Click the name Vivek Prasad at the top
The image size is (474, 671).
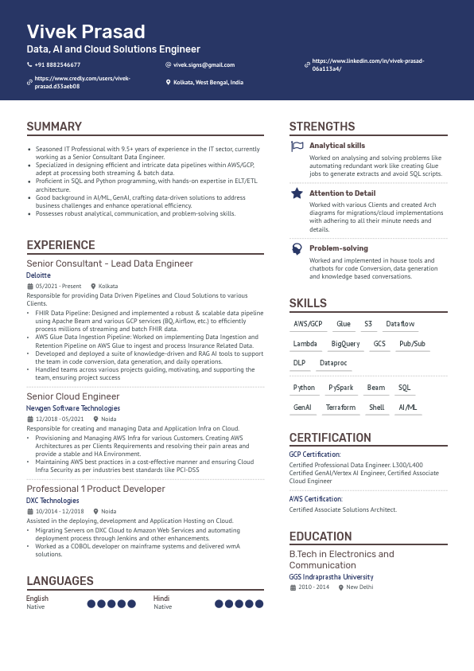(86, 32)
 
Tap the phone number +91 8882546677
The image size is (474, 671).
(57, 64)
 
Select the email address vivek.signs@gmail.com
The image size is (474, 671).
(204, 64)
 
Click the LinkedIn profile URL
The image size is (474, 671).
(367, 64)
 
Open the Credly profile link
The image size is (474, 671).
(82, 82)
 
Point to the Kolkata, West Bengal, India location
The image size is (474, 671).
(208, 82)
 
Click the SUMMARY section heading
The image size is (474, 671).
(54, 127)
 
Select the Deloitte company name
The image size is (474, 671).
(38, 275)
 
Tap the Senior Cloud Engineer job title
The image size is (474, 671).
(73, 396)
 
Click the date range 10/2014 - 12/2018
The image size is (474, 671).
(60, 512)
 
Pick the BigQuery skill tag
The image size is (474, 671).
(345, 344)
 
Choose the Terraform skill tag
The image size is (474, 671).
(340, 408)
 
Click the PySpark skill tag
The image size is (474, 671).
(341, 388)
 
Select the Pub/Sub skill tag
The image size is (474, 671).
(412, 344)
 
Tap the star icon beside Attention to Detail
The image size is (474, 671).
(297, 193)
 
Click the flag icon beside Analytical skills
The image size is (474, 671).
(297, 146)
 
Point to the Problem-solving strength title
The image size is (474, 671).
(339, 248)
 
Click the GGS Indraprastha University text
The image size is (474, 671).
(331, 577)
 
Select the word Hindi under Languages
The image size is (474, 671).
(161, 599)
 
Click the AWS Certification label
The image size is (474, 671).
(315, 499)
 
